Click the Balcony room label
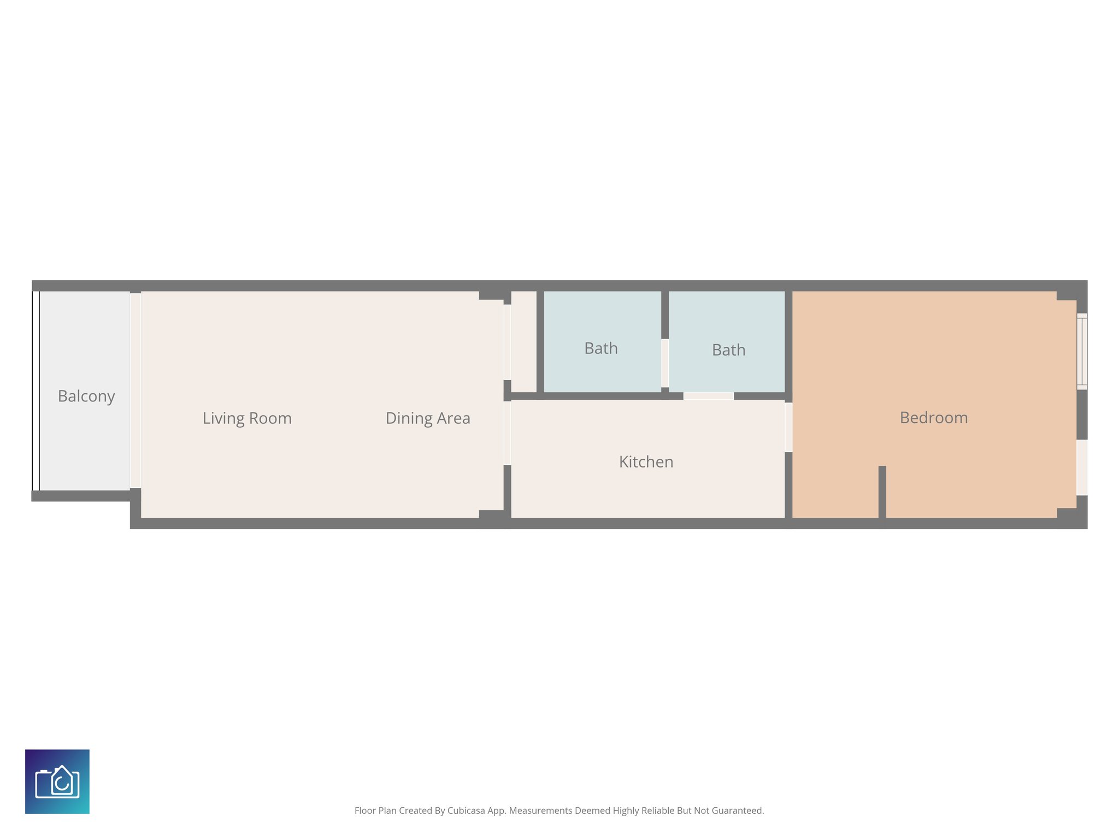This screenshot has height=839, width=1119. click(86, 396)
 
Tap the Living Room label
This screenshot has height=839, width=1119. click(247, 418)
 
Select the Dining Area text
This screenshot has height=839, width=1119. click(428, 418)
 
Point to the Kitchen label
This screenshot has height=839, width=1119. click(646, 462)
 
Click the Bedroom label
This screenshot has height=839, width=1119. click(933, 418)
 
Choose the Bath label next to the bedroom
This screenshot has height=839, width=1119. click(728, 350)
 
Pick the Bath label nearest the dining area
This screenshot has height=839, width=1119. click(600, 348)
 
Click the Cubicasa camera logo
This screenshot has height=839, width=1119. click(57, 782)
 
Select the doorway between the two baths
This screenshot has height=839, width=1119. click(665, 363)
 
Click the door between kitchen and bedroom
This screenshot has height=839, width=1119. click(788, 427)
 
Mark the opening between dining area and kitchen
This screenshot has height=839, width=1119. click(507, 433)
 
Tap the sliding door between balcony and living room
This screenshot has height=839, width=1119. click(135, 391)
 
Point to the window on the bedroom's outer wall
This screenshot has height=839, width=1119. click(1082, 351)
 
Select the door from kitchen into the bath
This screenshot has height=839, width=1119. click(708, 396)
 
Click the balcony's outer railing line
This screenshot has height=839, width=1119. click(36, 391)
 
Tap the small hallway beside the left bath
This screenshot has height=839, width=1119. click(523, 341)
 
